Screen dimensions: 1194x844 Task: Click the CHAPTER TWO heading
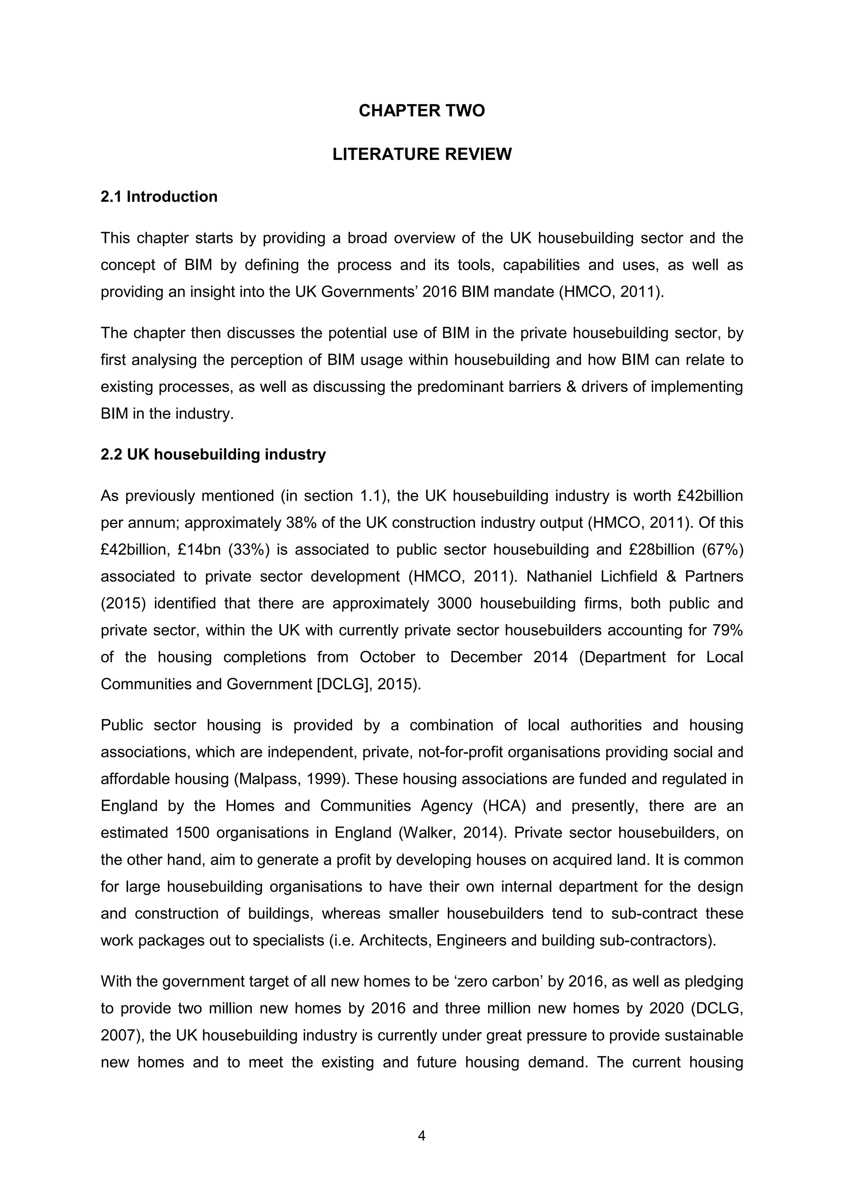coord(421,111)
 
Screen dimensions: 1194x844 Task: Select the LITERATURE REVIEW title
coord(421,155)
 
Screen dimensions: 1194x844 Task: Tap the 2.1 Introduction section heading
coord(159,197)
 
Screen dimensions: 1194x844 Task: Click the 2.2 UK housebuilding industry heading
coord(213,454)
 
